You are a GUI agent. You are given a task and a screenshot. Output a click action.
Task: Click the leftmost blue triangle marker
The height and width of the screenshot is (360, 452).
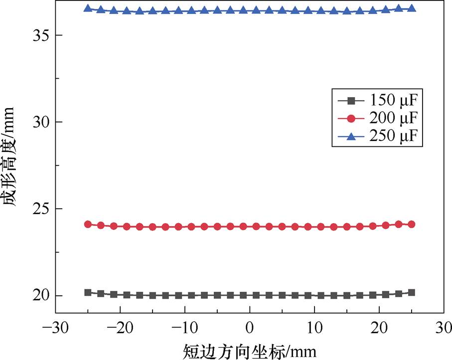pyautogui.click(x=88, y=8)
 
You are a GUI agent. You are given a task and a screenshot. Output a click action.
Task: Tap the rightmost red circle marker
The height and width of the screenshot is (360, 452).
pyautogui.click(x=412, y=225)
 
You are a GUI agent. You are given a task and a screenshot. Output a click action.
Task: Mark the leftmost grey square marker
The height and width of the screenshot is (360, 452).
pyautogui.click(x=88, y=292)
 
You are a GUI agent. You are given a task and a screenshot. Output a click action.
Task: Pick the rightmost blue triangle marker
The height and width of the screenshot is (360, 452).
pyautogui.click(x=412, y=8)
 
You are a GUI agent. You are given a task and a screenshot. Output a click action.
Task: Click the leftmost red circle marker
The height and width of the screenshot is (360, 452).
pyautogui.click(x=88, y=225)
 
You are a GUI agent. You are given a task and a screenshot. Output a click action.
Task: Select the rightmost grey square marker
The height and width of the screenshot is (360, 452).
pyautogui.click(x=412, y=292)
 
